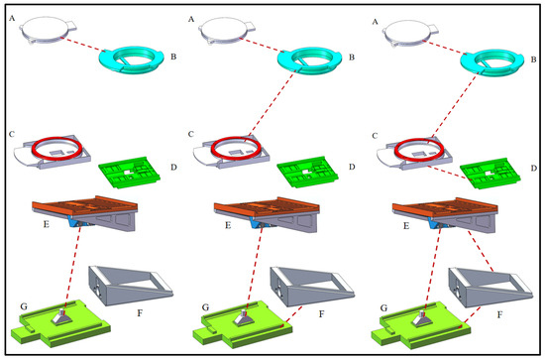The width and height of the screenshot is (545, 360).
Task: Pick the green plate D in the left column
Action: click(x=130, y=173)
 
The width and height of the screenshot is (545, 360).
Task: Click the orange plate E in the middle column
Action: click(x=267, y=205)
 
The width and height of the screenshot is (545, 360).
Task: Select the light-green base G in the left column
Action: click(x=60, y=322)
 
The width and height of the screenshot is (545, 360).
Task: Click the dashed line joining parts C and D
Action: click(x=447, y=173)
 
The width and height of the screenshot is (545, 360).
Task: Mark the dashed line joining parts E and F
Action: click(x=481, y=250)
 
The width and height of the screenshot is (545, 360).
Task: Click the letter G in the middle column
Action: click(x=205, y=307)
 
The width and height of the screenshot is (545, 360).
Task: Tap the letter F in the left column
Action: click(x=140, y=313)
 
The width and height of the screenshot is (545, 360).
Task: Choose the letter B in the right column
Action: click(x=533, y=60)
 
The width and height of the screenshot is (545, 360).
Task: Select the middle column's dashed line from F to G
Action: click(x=292, y=315)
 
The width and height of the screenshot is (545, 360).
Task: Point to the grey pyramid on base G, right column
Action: click(x=423, y=318)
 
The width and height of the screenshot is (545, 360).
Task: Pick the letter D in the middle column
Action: click(x=352, y=167)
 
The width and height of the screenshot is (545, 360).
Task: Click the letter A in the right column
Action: click(x=375, y=22)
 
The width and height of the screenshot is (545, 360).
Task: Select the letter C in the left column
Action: click(x=12, y=134)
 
